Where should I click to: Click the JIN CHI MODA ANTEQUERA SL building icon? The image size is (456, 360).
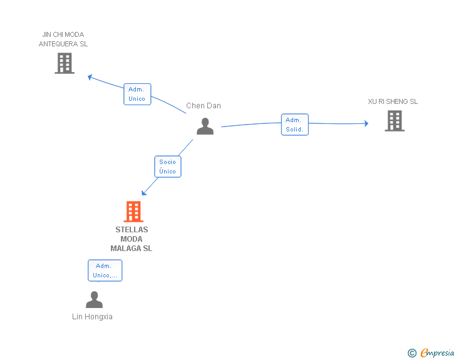tap(65, 63)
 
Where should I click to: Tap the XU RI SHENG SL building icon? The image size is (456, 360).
tap(394, 121)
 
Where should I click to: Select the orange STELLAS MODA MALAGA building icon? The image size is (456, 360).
tap(133, 212)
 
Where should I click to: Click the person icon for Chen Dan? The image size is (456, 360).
tap(205, 126)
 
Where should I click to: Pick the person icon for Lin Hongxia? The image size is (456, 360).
tap(94, 300)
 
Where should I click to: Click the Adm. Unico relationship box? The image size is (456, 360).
tap(137, 94)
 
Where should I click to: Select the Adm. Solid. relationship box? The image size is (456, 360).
tap(294, 125)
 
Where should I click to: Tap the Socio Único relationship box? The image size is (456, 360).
tap(167, 167)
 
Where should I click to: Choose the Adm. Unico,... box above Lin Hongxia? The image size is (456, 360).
tap(105, 270)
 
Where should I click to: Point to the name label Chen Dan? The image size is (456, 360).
tap(204, 106)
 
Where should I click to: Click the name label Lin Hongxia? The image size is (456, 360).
tap(92, 317)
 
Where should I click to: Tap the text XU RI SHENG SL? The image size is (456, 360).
tap(393, 101)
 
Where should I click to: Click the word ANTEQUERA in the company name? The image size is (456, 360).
tap(58, 44)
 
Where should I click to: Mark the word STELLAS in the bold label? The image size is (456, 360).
tap(132, 230)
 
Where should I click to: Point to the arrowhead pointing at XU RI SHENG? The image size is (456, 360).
tap(366, 123)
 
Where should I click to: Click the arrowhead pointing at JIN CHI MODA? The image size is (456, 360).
tap(90, 77)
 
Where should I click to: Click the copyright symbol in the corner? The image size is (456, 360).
tap(412, 353)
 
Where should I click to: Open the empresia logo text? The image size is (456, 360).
tap(437, 352)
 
